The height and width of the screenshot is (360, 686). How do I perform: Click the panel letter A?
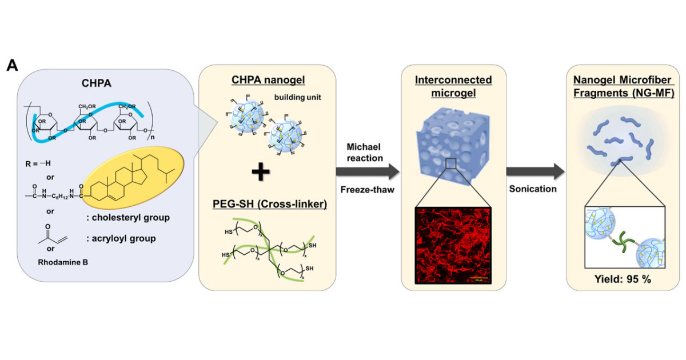[13, 65]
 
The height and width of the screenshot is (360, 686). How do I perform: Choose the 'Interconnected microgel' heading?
[447, 83]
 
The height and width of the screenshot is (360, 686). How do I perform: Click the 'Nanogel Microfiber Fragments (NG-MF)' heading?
[621, 83]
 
